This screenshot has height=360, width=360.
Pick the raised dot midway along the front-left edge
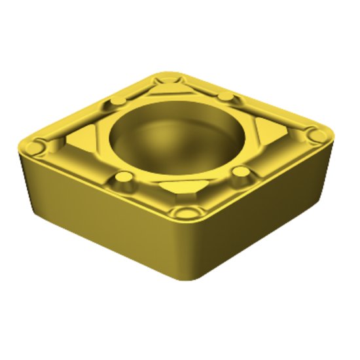(122, 178)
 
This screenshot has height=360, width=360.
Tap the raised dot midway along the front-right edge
(241, 173)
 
